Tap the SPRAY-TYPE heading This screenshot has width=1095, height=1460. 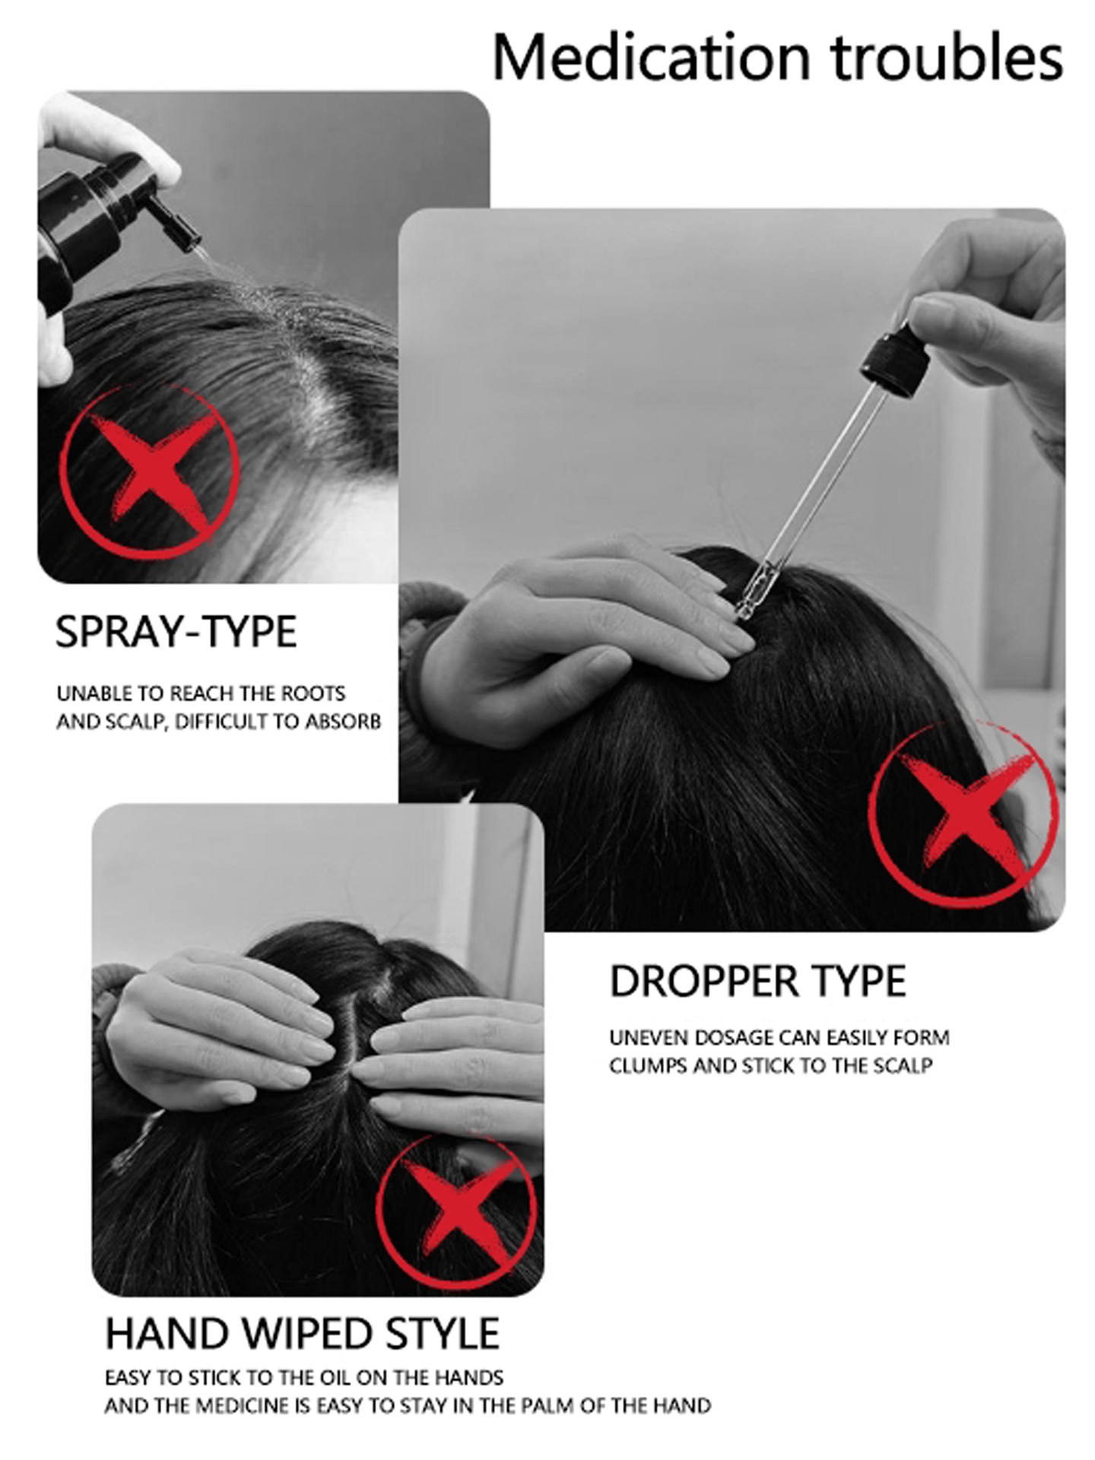[x=176, y=632]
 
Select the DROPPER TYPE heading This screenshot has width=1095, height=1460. [x=757, y=981]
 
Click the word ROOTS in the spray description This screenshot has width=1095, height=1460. [x=313, y=693]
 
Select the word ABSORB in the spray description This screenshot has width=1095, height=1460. [x=342, y=721]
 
